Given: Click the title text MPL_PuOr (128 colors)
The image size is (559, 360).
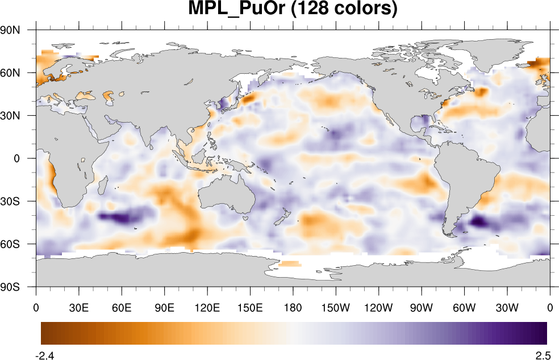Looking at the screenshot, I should coord(293,10).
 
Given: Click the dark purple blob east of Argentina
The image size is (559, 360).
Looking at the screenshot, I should coord(478,221).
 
